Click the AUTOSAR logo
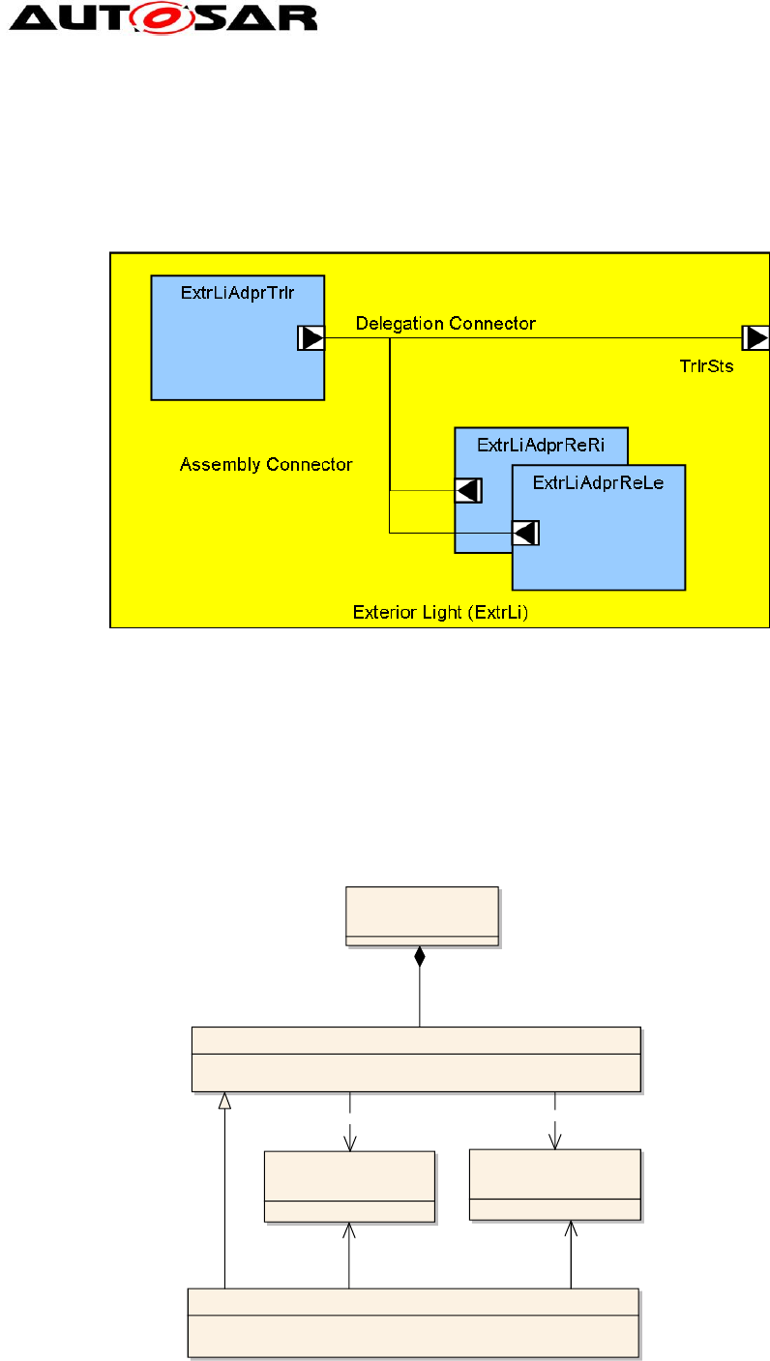(x=161, y=17)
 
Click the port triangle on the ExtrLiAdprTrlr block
(x=311, y=338)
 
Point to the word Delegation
(x=400, y=323)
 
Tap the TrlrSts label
(x=706, y=367)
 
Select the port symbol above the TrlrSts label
(x=755, y=337)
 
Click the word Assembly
(x=216, y=465)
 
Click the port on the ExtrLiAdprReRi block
(x=468, y=491)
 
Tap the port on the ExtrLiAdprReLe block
(x=525, y=532)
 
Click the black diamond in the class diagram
(x=419, y=957)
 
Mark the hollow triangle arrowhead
(x=224, y=1100)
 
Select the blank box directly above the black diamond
(x=422, y=914)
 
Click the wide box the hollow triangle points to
(x=416, y=1058)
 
